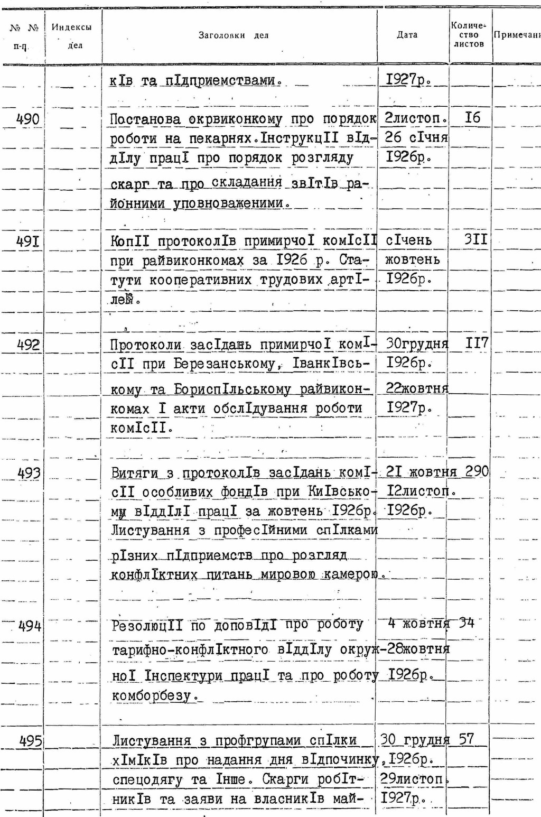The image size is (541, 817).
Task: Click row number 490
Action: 28,119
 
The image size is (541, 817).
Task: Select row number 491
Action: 28,242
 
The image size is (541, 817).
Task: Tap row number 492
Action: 28,345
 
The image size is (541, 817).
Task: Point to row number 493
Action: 29,473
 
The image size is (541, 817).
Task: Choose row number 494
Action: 30,627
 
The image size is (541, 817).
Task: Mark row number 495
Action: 30,741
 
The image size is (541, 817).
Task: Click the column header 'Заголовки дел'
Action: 234,35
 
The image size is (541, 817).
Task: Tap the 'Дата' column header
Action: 407,35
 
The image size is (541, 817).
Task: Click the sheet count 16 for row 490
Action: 472,117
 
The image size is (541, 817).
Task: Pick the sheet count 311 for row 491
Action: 475,240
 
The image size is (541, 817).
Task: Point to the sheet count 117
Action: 477,343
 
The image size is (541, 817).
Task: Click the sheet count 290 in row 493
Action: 477,471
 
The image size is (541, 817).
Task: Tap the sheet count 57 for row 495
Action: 466,739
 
